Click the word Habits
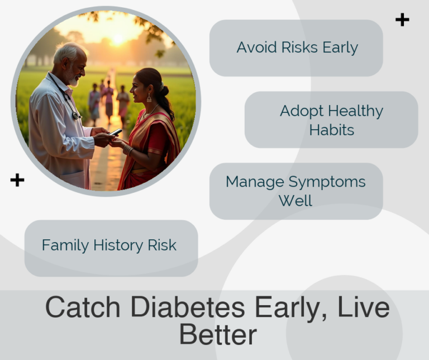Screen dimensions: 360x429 point(332,130)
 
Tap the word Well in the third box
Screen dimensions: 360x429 point(295,200)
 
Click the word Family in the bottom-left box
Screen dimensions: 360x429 point(65,245)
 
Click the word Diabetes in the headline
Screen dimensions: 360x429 point(190,307)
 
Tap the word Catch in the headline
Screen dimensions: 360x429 point(82,307)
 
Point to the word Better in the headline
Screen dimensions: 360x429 point(218,334)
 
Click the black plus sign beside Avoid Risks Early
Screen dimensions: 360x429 point(402,20)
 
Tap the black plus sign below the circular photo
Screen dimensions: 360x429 point(17,180)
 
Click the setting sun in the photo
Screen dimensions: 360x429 point(117,39)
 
